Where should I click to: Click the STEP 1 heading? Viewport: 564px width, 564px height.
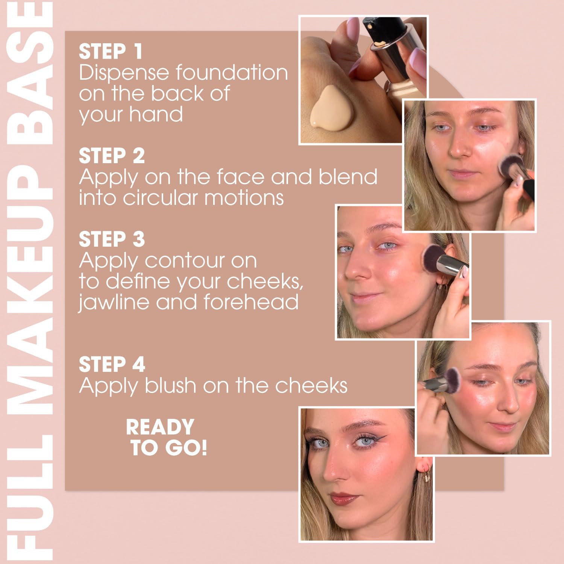pos(111,52)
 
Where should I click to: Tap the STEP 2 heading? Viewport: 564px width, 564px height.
pos(112,156)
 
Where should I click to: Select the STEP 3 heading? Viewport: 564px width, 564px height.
pos(112,239)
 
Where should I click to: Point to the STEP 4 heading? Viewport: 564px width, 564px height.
pos(112,364)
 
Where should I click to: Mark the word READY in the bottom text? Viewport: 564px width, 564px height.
pos(160,427)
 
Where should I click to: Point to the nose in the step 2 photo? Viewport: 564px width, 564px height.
pos(461,147)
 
